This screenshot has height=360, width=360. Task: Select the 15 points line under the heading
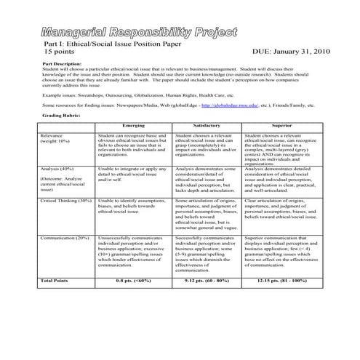point(59,53)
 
